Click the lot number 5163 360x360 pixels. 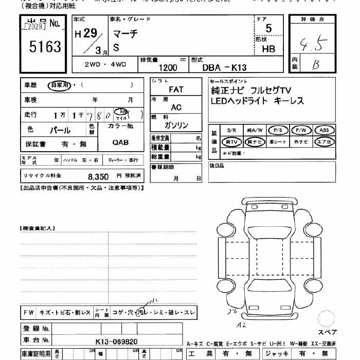[45, 48]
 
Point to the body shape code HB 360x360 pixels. [268, 49]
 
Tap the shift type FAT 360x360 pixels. [176, 89]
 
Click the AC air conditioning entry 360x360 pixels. [176, 107]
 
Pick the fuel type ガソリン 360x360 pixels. [176, 125]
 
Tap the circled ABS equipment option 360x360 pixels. [324, 130]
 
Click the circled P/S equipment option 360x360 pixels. [279, 130]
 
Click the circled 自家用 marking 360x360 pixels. [60, 85]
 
